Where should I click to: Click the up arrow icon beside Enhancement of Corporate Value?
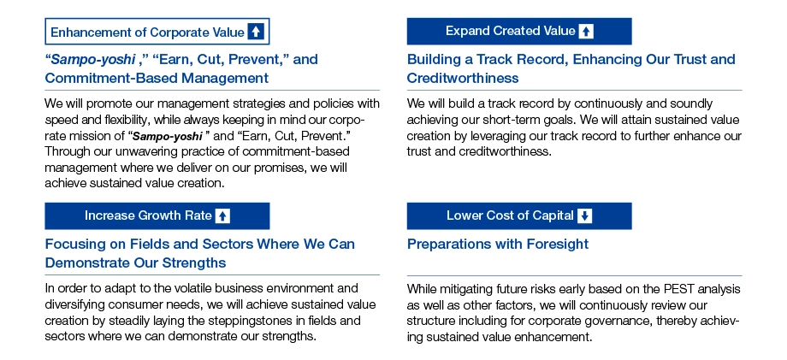[256, 32]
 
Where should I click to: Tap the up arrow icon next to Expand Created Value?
[586, 32]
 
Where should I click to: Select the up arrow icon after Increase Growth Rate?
[222, 216]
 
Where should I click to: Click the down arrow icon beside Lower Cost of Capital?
[585, 215]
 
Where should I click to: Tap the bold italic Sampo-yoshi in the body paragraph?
[168, 136]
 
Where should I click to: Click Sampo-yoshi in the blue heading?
[94, 60]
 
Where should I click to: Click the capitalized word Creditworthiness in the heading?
[463, 78]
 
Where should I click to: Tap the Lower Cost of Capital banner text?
[510, 215]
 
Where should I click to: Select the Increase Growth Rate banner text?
[148, 215]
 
